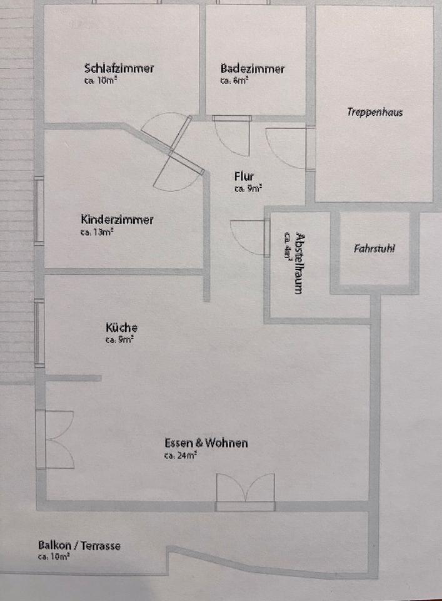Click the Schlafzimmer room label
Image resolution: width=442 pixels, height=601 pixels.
click(x=119, y=68)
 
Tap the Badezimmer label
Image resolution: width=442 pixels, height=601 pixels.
click(x=253, y=68)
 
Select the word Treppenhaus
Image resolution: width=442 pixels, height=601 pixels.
click(x=375, y=113)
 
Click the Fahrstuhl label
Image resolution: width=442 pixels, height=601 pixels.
click(x=374, y=248)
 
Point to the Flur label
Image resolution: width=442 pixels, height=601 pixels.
click(x=244, y=177)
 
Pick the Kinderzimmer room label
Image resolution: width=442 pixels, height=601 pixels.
click(x=117, y=220)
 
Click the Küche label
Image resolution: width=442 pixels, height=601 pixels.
click(x=121, y=327)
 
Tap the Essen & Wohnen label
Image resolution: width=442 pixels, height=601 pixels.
click(x=206, y=443)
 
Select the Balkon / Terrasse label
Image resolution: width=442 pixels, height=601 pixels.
click(x=79, y=546)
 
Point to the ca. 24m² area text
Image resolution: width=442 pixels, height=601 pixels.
click(x=181, y=456)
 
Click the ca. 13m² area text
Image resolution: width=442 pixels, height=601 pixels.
click(x=96, y=232)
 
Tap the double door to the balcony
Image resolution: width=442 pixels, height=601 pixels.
click(x=245, y=490)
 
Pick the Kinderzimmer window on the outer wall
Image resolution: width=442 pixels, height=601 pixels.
click(x=39, y=210)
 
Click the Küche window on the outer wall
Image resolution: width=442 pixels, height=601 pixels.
click(x=39, y=333)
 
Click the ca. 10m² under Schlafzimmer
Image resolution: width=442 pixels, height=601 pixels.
click(x=97, y=81)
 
